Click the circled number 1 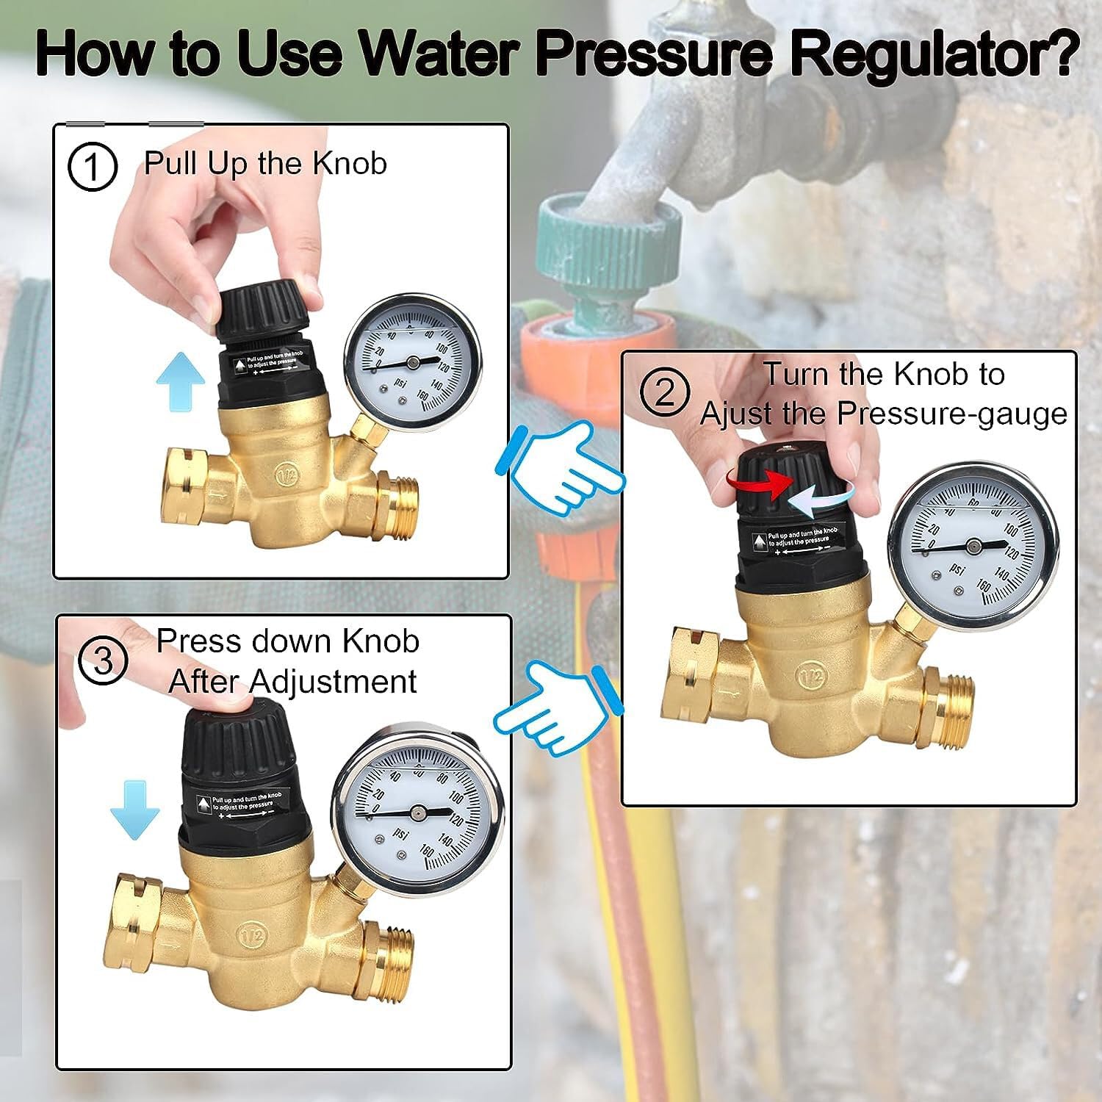tap(93, 168)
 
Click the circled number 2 tap(664, 393)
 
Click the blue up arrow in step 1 tap(181, 381)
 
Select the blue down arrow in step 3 tap(134, 809)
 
